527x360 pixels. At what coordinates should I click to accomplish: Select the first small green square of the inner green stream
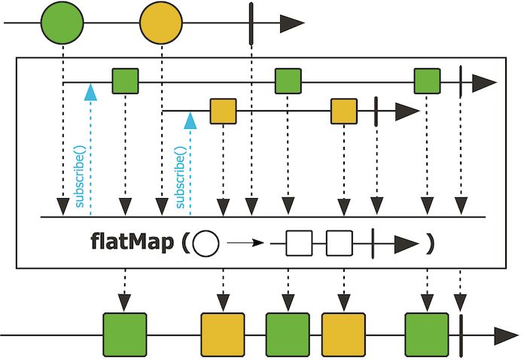[x=125, y=81]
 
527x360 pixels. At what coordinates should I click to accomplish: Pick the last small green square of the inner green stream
[x=427, y=81]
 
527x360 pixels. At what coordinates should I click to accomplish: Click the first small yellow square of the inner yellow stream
[x=223, y=112]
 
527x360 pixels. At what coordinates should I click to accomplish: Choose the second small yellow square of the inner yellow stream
[x=344, y=112]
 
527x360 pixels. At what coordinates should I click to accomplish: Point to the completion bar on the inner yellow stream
[x=376, y=112]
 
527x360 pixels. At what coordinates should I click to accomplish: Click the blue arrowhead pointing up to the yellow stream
[x=190, y=117]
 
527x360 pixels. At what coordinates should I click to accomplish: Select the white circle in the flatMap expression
[x=206, y=244]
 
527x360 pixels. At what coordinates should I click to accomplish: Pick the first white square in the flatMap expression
[x=299, y=244]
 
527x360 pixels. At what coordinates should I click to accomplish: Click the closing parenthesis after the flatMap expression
[x=429, y=244]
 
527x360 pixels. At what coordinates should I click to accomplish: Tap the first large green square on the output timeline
[x=124, y=334]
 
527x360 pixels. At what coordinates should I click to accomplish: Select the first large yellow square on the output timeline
[x=223, y=334]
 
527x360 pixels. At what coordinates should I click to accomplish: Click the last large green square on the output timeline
[x=427, y=334]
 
